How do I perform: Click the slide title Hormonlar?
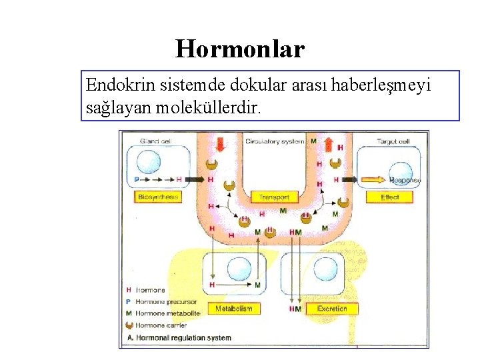240,49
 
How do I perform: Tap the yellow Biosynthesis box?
158,197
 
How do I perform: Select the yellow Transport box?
274,197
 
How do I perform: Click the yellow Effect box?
389,197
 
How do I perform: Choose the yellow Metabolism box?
233,309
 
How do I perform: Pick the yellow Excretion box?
332,309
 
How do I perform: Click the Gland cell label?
155,141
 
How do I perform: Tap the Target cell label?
393,141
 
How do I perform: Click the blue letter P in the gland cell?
137,179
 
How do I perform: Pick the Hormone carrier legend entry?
161,325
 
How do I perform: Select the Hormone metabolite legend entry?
167,313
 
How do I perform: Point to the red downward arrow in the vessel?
217,142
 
